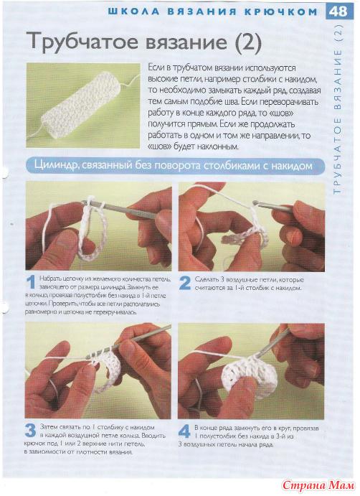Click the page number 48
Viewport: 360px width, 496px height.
338,11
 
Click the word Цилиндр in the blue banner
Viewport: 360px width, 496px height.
56,165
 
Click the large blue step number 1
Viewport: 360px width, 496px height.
31,282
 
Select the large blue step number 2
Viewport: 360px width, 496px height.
184,283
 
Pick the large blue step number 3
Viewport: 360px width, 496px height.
31,431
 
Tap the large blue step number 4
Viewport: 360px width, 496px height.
184,431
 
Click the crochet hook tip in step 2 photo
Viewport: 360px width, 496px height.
255,202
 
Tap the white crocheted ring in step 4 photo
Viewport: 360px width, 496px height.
253,376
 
